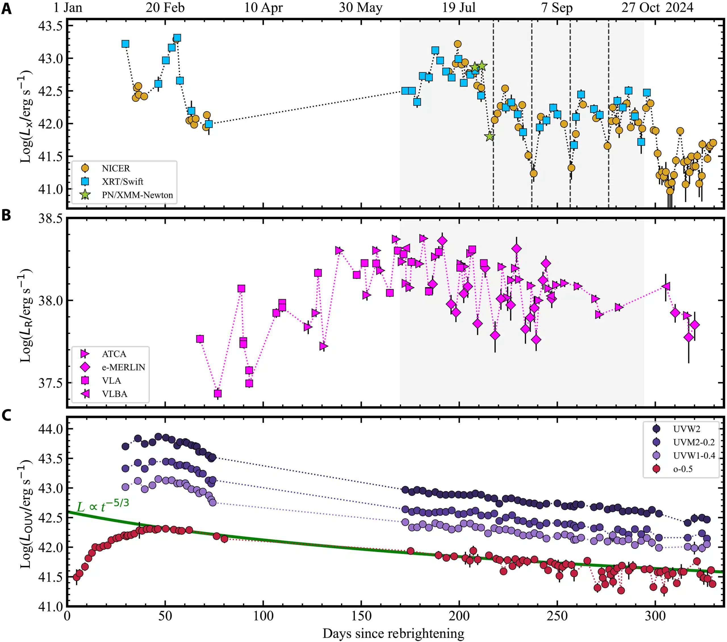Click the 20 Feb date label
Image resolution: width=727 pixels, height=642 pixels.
click(x=165, y=7)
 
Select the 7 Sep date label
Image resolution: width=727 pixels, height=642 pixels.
click(x=557, y=7)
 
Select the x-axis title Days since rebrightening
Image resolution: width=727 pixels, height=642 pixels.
click(x=393, y=633)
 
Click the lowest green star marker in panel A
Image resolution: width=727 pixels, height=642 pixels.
click(x=490, y=136)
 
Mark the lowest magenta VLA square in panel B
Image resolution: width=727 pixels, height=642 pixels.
click(x=218, y=393)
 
